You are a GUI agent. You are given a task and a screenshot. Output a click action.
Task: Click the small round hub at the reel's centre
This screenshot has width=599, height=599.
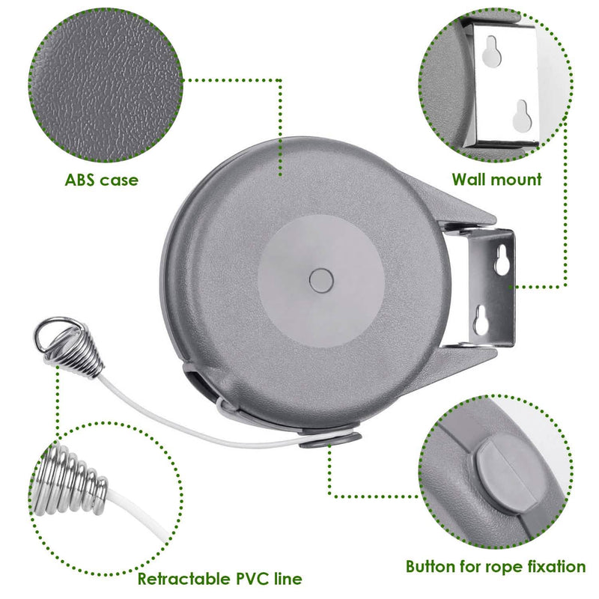[x=321, y=281]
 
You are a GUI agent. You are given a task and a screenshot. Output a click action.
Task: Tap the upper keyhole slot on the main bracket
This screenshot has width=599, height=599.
[x=502, y=260]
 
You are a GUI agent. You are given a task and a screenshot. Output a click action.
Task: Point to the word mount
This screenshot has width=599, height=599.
[x=516, y=180]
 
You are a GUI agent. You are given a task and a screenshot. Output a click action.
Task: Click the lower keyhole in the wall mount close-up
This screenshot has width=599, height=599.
[x=522, y=115]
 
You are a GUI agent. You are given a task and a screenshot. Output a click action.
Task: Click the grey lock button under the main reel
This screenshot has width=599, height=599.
[x=330, y=440]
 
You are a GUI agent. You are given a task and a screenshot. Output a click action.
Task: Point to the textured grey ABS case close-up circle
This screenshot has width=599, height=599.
[x=106, y=85]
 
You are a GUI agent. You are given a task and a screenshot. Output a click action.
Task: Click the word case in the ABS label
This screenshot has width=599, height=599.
[x=118, y=180]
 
